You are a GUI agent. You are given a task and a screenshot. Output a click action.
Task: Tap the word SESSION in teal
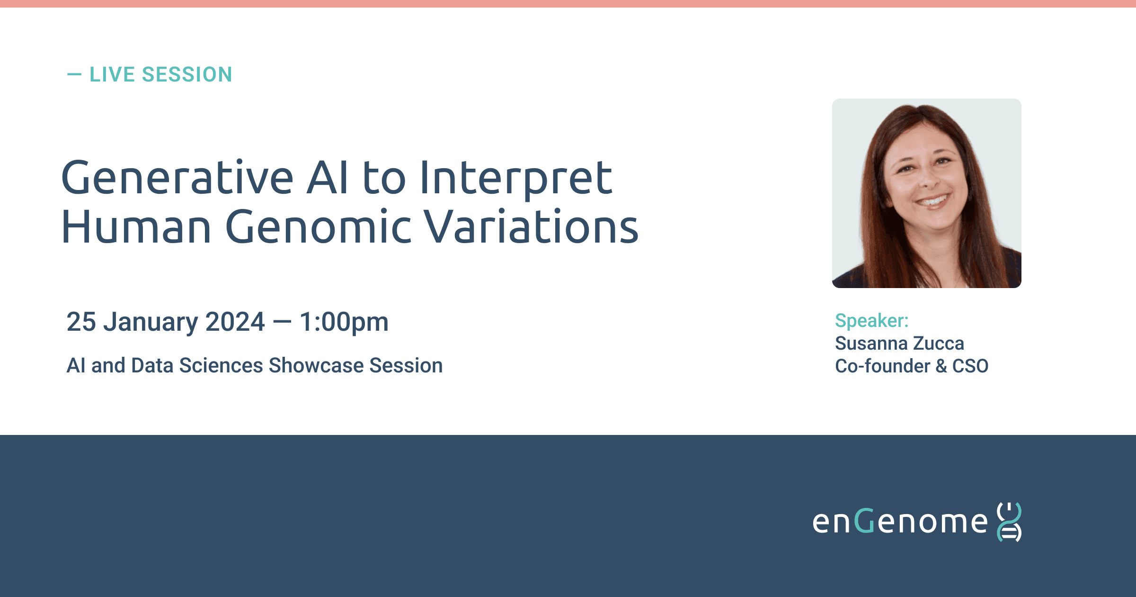(x=187, y=74)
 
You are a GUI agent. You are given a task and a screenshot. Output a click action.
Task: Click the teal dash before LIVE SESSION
(x=74, y=74)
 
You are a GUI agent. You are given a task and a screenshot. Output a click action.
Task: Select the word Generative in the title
(x=177, y=178)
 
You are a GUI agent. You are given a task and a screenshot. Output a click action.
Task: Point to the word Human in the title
(x=136, y=227)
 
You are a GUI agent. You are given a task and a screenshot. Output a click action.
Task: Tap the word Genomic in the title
(x=318, y=227)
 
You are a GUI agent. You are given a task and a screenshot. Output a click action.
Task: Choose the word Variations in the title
(x=531, y=227)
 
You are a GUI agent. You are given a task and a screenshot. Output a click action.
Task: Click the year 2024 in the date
(x=235, y=322)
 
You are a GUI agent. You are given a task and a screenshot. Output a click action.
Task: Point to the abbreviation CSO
(x=970, y=366)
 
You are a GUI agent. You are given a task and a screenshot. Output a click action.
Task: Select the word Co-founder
(x=883, y=366)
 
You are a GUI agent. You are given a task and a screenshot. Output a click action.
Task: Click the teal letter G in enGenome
(x=865, y=521)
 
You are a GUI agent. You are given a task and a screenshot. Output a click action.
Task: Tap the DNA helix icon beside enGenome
(x=1010, y=522)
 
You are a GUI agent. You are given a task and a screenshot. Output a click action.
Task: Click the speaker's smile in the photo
(x=932, y=200)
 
